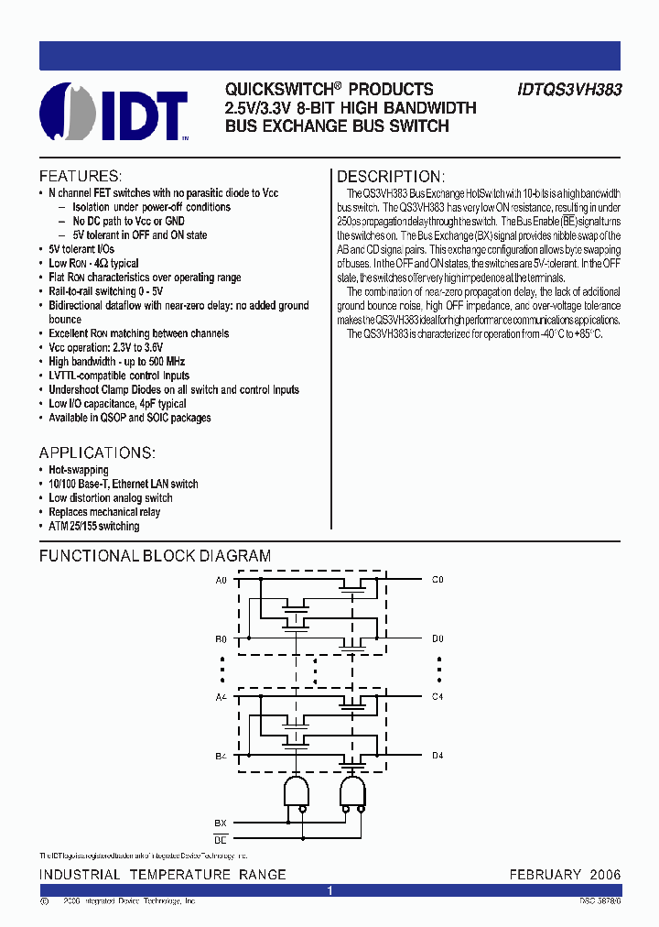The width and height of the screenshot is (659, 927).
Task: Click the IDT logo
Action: [115, 113]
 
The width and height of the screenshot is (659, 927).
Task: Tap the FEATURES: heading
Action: [80, 176]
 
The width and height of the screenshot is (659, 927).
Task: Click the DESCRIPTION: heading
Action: [391, 177]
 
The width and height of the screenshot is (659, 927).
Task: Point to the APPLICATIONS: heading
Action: [97, 453]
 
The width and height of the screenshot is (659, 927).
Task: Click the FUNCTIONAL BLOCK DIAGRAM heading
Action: [155, 556]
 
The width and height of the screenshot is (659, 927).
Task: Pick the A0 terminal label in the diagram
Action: [221, 580]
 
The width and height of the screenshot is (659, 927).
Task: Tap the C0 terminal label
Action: [438, 580]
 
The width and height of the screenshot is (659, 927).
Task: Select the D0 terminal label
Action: [438, 638]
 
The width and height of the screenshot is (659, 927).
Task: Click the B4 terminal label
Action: [221, 756]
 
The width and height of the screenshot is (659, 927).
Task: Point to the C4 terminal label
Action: [438, 697]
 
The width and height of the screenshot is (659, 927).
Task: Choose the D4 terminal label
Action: [438, 756]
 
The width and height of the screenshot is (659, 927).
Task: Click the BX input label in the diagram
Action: [221, 823]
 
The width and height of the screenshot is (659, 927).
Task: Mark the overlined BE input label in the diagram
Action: [221, 838]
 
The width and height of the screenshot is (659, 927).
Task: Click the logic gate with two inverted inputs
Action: [351, 791]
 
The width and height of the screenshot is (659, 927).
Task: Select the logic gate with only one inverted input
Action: [296, 791]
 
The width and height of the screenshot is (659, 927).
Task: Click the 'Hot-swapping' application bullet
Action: [78, 470]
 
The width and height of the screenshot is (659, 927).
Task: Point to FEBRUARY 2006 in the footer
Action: [565, 875]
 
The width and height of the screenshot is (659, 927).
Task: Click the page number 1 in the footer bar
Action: [329, 890]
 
